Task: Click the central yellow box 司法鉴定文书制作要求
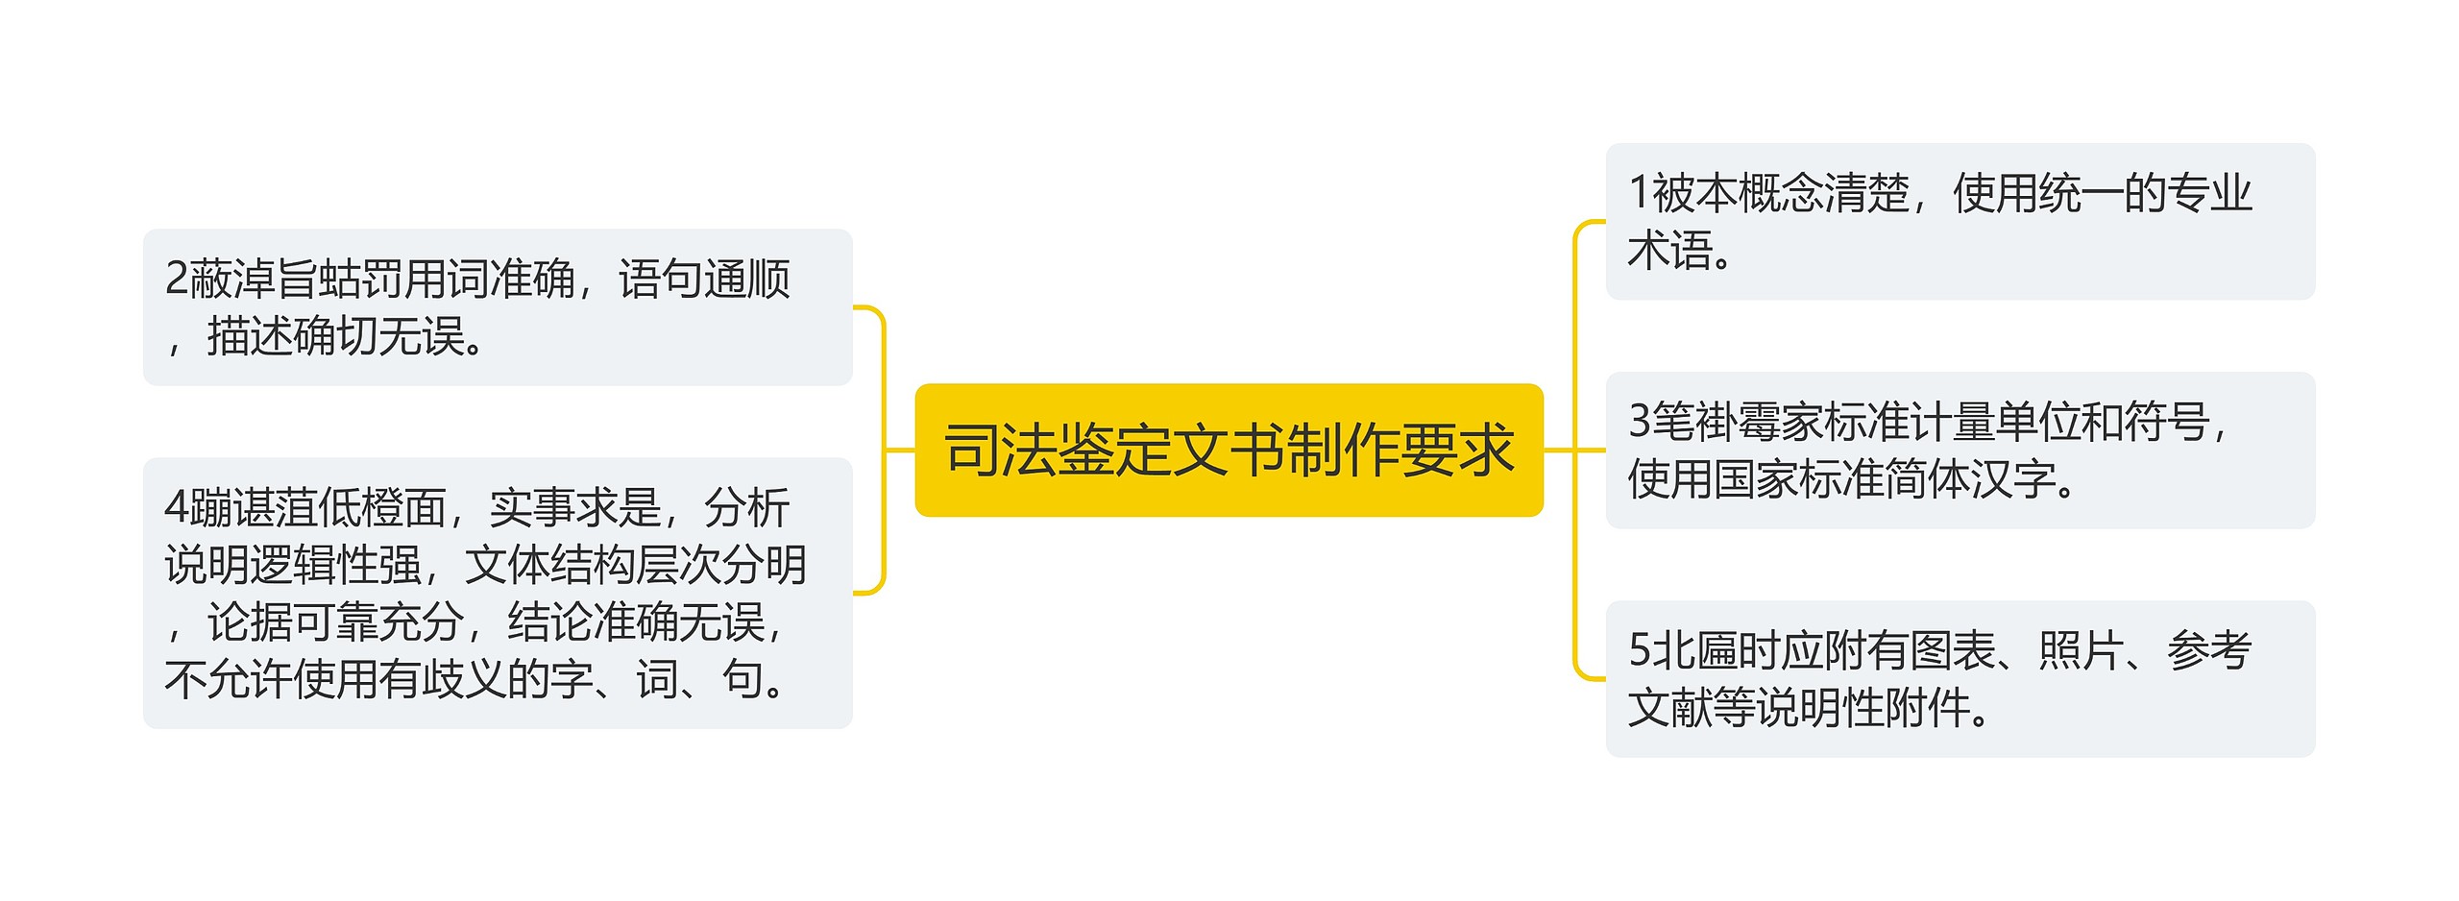coord(1229,450)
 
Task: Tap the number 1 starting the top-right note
coord(1639,193)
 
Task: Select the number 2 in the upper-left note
coord(176,280)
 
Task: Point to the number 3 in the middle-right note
coord(1639,422)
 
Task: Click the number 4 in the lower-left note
coord(176,508)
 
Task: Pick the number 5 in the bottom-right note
coord(1639,651)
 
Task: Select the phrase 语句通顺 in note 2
coord(704,280)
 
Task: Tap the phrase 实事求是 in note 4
coord(574,508)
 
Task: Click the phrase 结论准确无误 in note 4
coord(636,622)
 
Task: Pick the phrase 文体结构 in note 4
coord(549,565)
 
